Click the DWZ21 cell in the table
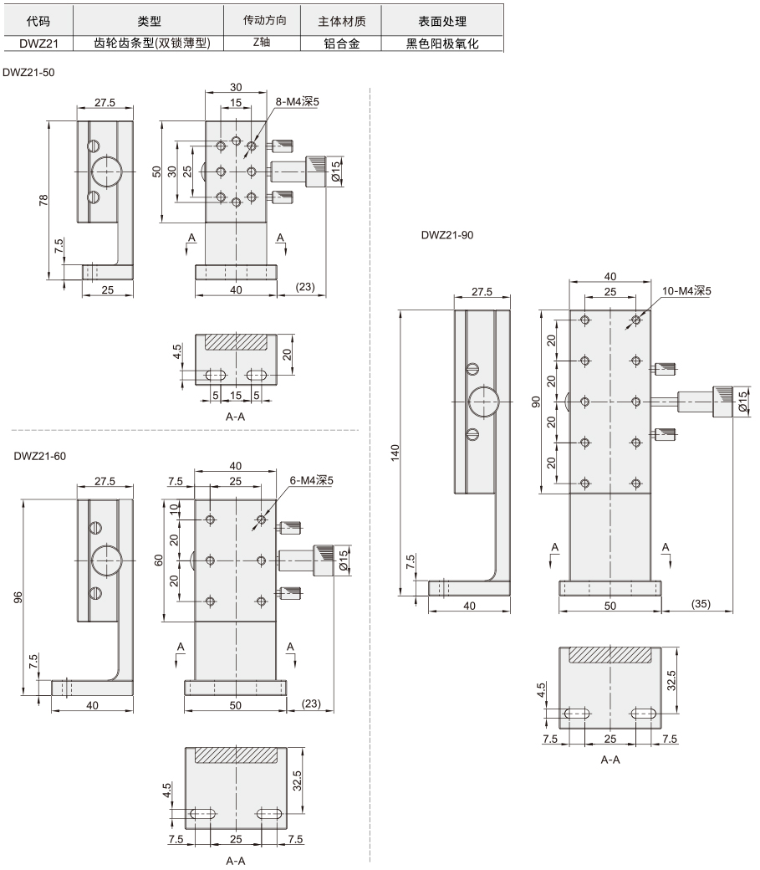38,43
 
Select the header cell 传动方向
264,21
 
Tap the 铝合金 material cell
341,43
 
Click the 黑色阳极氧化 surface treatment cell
442,43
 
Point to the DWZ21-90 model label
447,235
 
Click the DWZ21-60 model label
40,456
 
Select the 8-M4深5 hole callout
298,101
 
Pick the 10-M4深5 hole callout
686,291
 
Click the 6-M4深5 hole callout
311,480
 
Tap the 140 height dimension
395,453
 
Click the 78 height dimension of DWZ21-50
43,200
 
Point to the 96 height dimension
18,597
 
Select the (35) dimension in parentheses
701,604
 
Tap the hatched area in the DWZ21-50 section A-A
236,342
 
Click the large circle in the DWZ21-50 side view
105,171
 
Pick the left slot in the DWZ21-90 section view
578,714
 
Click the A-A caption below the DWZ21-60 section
236,861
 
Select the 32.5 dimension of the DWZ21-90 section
671,680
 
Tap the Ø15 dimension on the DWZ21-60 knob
344,560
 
